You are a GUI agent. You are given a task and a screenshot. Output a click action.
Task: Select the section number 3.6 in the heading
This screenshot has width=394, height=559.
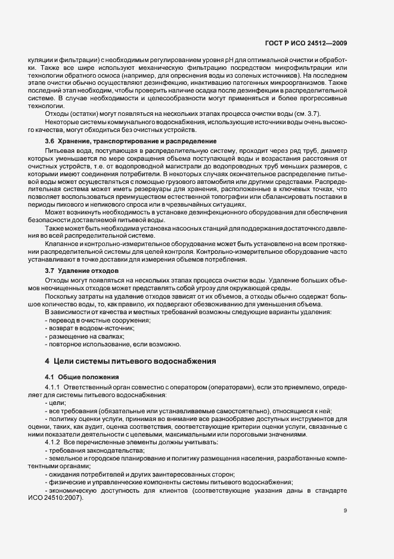50,140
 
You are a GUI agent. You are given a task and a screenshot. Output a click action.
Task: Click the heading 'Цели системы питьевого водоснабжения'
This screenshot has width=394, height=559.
131,361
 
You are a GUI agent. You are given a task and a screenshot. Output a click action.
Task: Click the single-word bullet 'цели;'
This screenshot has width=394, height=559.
57,403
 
